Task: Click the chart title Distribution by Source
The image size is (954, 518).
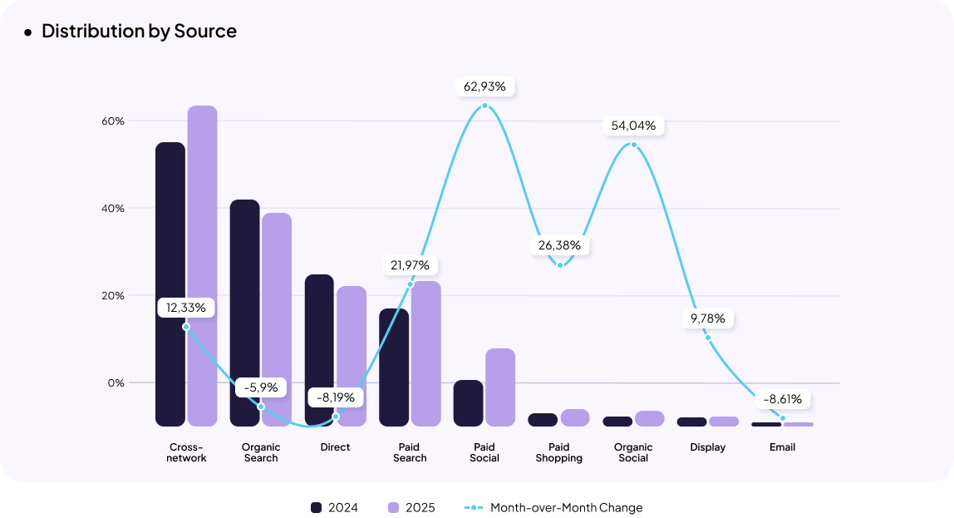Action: click(139, 32)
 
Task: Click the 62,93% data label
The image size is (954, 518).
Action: click(485, 86)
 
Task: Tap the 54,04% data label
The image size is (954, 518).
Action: click(633, 126)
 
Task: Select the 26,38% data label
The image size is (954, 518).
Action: click(560, 246)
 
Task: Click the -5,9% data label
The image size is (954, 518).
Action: click(261, 387)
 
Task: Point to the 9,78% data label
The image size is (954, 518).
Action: click(707, 318)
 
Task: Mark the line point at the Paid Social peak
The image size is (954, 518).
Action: click(485, 106)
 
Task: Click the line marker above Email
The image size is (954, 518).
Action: click(783, 418)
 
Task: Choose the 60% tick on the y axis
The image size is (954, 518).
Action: click(113, 121)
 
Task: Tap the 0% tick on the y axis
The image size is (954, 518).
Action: click(116, 383)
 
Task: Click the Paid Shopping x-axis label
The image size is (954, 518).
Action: click(559, 453)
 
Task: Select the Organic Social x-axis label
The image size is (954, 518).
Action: click(633, 453)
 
